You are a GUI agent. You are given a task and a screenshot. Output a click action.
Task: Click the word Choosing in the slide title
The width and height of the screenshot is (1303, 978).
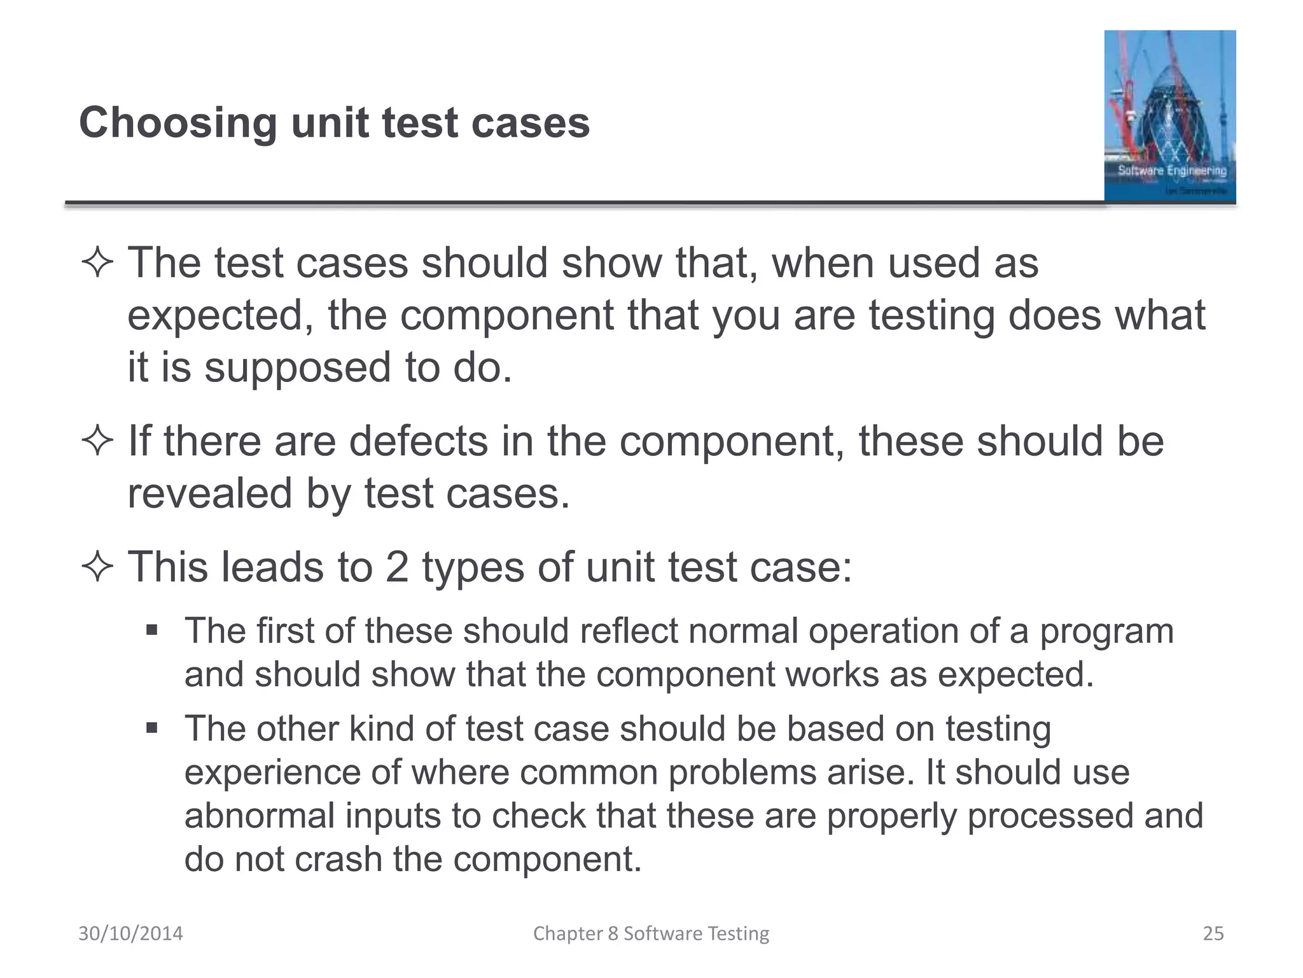178,123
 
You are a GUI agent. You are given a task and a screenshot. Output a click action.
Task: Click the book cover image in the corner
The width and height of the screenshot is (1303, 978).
1169,116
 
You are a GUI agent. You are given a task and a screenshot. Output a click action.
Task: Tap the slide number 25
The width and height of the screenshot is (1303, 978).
1213,933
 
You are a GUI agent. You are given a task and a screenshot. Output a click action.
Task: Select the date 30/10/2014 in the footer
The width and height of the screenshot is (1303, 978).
130,933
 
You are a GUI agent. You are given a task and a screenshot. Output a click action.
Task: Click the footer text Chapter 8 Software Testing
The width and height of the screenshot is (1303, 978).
651,933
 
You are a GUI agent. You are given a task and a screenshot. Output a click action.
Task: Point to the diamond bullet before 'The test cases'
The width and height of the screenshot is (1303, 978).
97,263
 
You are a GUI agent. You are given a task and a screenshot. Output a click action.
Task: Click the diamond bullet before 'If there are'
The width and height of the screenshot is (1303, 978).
97,441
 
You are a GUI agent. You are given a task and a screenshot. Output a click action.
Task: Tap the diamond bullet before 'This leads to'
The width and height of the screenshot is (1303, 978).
97,567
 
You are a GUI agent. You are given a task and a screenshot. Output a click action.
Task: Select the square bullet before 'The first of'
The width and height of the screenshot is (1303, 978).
151,630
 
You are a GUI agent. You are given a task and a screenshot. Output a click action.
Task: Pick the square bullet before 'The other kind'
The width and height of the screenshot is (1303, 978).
151,728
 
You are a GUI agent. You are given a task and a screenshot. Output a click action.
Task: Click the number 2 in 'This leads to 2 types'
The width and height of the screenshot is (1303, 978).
397,567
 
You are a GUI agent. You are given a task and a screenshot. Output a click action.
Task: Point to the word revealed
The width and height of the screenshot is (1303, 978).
209,493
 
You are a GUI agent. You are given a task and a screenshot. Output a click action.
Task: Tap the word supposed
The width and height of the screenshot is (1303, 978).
297,367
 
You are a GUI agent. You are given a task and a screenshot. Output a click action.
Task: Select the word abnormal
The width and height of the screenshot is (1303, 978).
260,816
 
